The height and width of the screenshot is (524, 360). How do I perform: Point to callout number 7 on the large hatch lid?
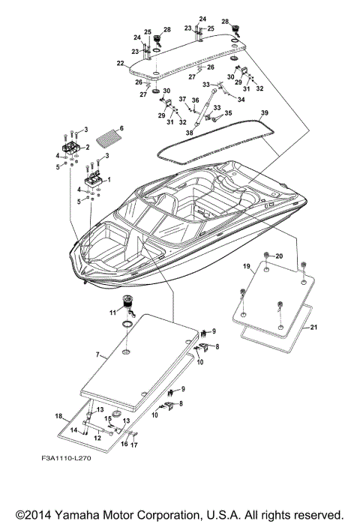96,354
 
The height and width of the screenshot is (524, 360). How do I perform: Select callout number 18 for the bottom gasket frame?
58,415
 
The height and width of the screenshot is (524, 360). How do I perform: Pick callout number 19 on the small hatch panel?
246,266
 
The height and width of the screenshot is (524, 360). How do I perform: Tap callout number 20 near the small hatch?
280,256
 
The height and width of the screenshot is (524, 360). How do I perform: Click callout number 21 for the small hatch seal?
314,328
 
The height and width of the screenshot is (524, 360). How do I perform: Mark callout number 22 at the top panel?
120,64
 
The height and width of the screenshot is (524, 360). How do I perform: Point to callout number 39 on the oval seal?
264,112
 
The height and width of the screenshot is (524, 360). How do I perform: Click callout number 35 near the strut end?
229,114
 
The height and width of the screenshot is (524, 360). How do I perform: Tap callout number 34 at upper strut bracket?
241,98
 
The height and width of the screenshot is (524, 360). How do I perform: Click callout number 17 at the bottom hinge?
133,445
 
